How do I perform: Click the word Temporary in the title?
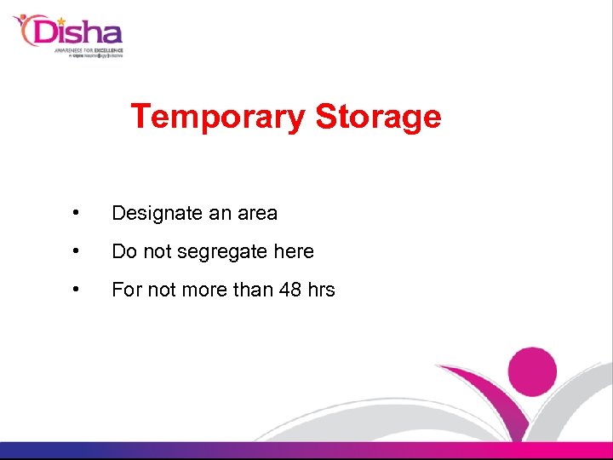coord(217,117)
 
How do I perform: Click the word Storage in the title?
coord(378,117)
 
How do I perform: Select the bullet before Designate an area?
coord(77,213)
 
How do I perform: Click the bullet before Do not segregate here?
coord(77,251)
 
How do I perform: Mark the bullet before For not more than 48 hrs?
coord(77,290)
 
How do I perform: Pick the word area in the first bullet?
coord(257,214)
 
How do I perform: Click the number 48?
coord(290,290)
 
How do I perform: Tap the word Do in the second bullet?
coord(124,251)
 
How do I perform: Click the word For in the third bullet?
coord(127,290)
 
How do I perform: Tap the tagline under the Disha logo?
coord(89,54)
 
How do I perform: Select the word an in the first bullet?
coord(221,214)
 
